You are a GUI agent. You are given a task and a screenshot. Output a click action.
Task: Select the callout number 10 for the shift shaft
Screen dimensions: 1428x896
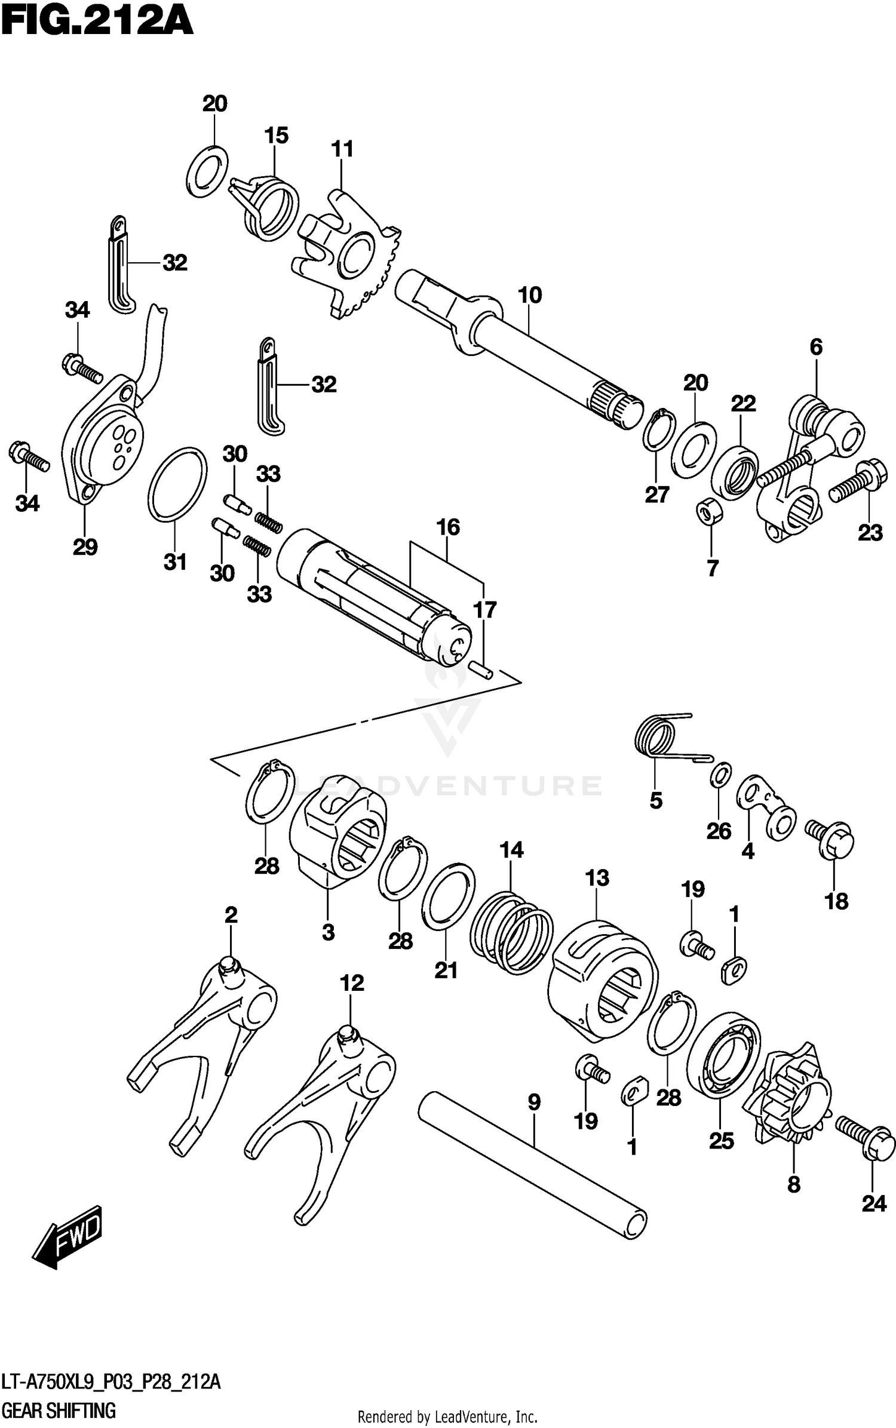pos(530,295)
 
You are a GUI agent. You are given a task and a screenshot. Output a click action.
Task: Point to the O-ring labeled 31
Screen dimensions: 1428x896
pos(177,483)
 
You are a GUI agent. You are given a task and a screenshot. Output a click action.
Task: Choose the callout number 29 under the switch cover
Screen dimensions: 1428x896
pos(85,546)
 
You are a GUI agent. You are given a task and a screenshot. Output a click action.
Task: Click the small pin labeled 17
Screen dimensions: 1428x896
pos(481,668)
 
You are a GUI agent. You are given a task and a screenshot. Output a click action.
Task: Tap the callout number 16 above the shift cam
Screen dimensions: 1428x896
pos(448,527)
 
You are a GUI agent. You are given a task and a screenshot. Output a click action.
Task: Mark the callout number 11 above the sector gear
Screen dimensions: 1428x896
pos(342,149)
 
